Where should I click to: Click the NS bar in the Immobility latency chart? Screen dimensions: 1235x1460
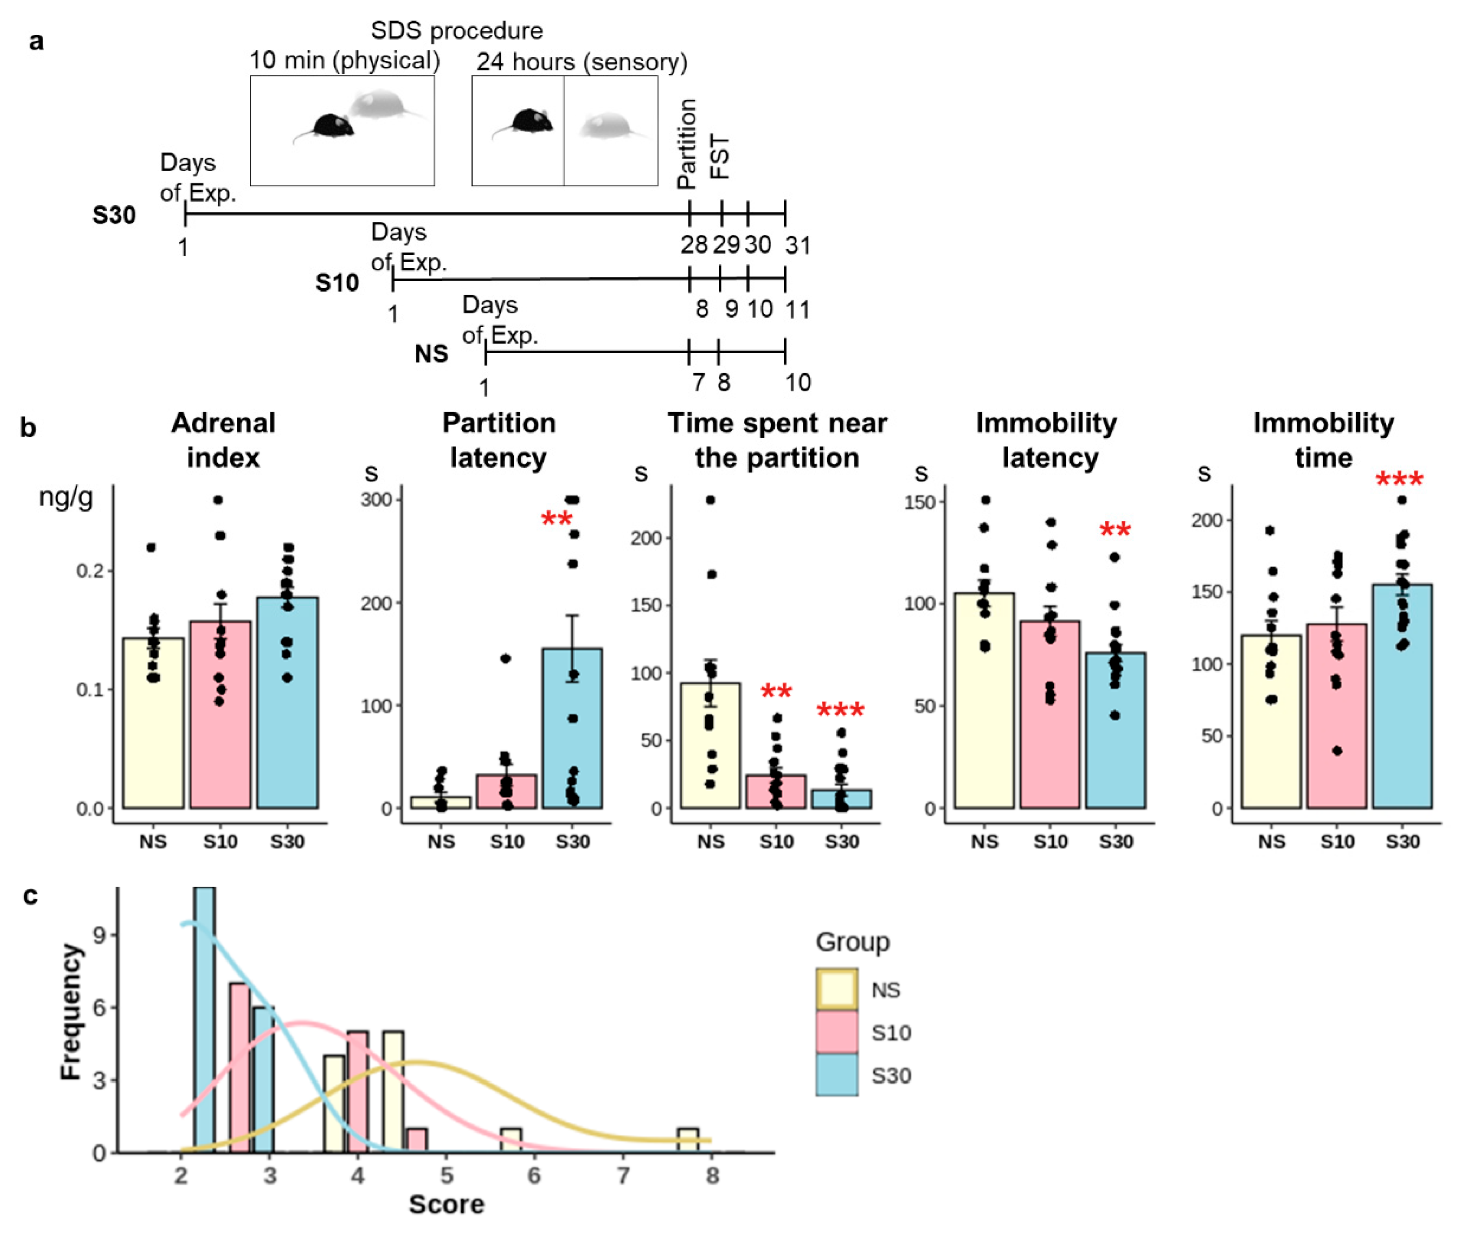(x=984, y=700)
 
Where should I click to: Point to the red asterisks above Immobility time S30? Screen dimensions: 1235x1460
(x=1399, y=480)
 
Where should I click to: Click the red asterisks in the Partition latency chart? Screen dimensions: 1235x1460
(x=557, y=519)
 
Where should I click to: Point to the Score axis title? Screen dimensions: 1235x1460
(x=446, y=1204)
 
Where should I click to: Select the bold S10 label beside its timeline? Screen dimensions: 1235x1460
(x=337, y=283)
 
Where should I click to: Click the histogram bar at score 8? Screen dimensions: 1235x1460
(x=687, y=1140)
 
